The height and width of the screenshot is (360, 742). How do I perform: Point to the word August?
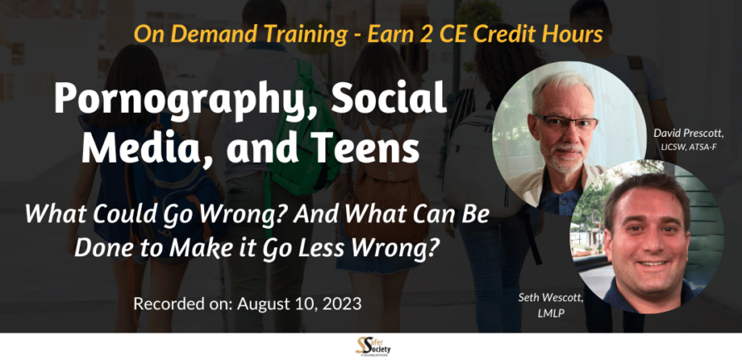click(265, 304)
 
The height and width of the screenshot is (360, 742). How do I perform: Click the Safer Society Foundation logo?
click(373, 346)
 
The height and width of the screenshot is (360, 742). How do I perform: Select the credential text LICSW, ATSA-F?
click(690, 148)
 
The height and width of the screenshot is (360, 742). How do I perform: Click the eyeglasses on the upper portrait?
click(566, 123)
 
